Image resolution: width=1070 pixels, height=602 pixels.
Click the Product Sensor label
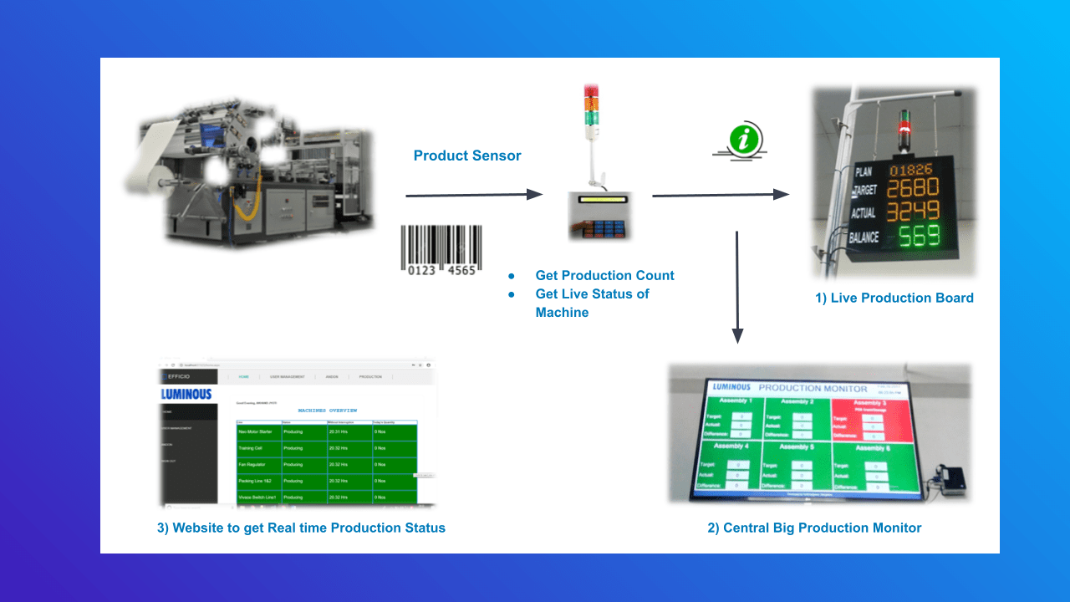point(466,156)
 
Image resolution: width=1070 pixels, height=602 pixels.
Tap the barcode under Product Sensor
point(441,249)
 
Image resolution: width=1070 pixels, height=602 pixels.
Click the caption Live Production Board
point(894,298)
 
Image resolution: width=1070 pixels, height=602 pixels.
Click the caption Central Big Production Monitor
point(813,528)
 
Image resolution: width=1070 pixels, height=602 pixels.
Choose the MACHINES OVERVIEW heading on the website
point(327,411)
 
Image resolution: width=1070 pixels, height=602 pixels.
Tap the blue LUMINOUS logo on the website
point(186,394)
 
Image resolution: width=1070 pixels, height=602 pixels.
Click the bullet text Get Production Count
point(604,275)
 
